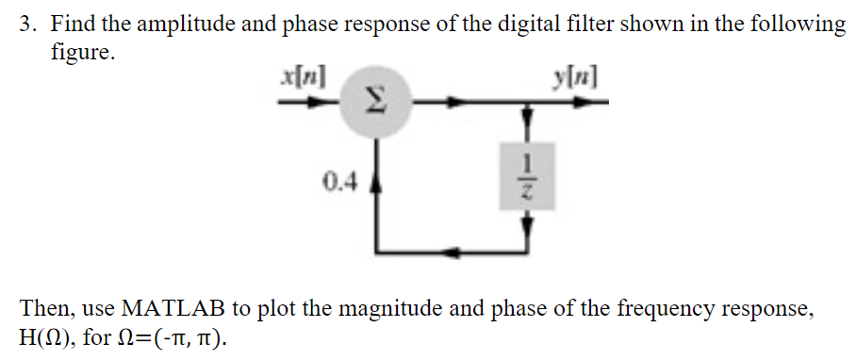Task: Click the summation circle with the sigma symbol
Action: (378, 100)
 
